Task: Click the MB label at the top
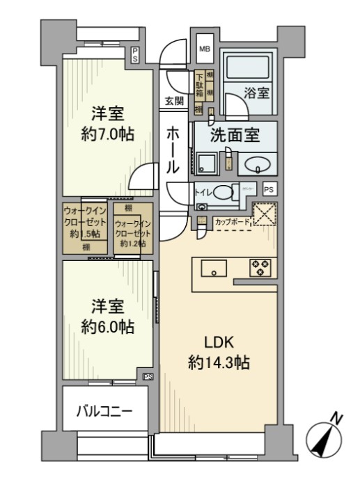click(x=205, y=49)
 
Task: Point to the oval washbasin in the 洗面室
click(x=257, y=166)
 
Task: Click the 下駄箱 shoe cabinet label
click(x=199, y=85)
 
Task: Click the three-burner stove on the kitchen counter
click(x=260, y=266)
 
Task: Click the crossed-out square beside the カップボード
click(x=264, y=214)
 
